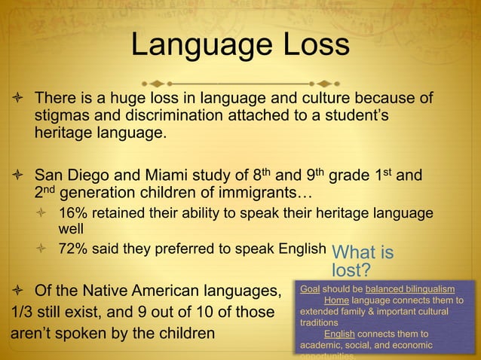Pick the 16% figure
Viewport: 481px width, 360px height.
73,213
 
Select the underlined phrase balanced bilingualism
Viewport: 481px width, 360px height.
410,289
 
